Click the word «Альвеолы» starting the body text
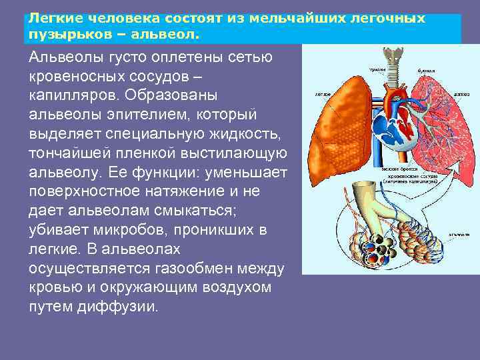(x=66, y=59)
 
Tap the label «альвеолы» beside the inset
(x=457, y=235)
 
